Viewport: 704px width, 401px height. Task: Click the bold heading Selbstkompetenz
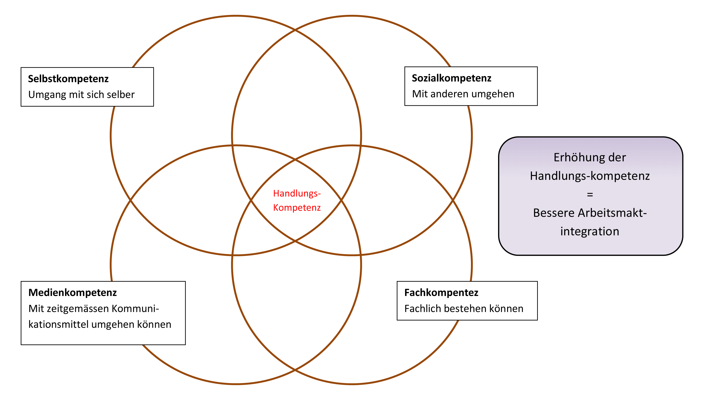click(68, 79)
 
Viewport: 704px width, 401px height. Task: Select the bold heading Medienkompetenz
click(72, 293)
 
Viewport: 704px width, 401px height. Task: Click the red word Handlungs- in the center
click(297, 194)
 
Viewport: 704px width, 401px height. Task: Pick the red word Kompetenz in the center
click(297, 208)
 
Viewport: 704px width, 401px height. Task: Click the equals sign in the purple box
click(590, 194)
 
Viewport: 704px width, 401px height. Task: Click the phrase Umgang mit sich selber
click(81, 94)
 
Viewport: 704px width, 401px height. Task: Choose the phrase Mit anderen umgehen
click(463, 94)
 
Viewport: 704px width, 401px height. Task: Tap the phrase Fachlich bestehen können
click(464, 309)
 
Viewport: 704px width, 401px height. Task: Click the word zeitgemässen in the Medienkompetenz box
click(78, 309)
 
